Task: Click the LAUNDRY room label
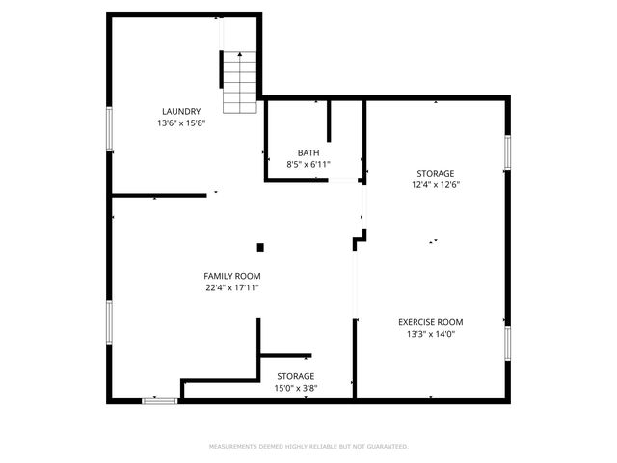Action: pyautogui.click(x=181, y=111)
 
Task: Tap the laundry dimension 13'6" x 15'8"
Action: pyautogui.click(x=181, y=123)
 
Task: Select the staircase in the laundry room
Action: pyautogui.click(x=240, y=81)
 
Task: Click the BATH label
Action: pyautogui.click(x=308, y=152)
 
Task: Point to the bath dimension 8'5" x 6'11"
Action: pyautogui.click(x=308, y=165)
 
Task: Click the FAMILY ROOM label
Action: pyautogui.click(x=232, y=276)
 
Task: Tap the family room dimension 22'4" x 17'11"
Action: pyautogui.click(x=232, y=287)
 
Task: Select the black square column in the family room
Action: pyautogui.click(x=260, y=247)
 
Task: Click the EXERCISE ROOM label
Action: pyautogui.click(x=431, y=322)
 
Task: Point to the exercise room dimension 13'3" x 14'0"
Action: pyautogui.click(x=431, y=335)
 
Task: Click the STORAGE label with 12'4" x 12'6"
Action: pyautogui.click(x=435, y=173)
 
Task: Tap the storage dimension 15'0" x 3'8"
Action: pyautogui.click(x=296, y=389)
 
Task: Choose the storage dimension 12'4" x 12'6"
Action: pyautogui.click(x=435, y=185)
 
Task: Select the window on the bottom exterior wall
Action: pyautogui.click(x=160, y=399)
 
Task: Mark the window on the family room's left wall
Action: pyautogui.click(x=110, y=323)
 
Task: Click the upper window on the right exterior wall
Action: pyautogui.click(x=507, y=152)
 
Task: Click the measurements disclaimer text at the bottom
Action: pyautogui.click(x=308, y=447)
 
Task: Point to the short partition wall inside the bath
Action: pyautogui.click(x=330, y=122)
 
